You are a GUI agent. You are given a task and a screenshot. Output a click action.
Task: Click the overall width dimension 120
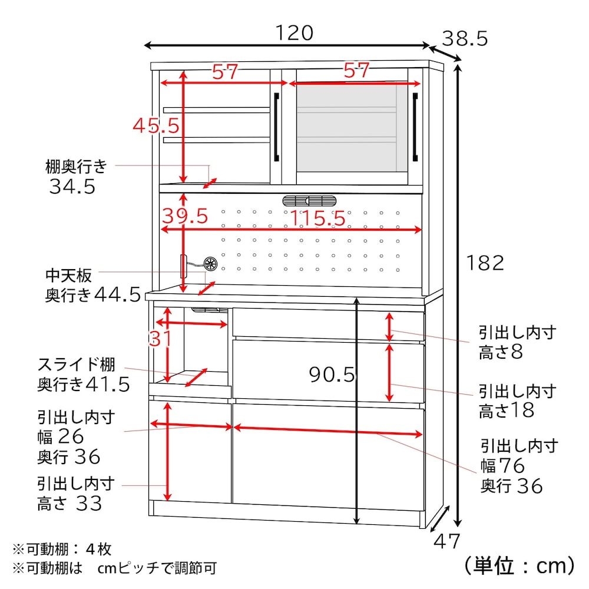(294, 33)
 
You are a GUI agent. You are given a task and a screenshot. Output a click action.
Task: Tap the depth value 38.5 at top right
(465, 38)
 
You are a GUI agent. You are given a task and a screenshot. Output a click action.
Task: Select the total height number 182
(485, 263)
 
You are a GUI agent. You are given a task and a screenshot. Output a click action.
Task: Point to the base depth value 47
(446, 541)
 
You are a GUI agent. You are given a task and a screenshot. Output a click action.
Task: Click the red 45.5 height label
(156, 125)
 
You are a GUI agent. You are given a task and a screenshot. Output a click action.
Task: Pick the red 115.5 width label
(317, 218)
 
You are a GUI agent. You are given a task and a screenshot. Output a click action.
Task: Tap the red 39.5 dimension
(185, 216)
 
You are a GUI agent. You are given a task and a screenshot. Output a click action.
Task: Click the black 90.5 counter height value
(332, 374)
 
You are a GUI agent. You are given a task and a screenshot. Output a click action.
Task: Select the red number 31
(160, 339)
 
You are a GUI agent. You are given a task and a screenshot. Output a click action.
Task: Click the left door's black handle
(276, 127)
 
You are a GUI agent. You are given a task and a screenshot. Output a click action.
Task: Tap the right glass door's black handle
(415, 127)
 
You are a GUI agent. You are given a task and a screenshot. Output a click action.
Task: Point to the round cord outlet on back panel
(210, 264)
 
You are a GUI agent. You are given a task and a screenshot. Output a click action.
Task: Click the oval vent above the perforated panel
(309, 201)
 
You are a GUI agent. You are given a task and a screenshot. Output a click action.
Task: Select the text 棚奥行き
(76, 166)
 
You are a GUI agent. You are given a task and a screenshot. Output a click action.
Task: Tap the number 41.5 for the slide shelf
(107, 384)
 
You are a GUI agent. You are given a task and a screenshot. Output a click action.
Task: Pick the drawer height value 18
(522, 410)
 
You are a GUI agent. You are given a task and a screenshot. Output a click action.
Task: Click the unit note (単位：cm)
(519, 565)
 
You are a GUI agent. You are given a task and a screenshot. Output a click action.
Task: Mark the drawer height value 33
(89, 504)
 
